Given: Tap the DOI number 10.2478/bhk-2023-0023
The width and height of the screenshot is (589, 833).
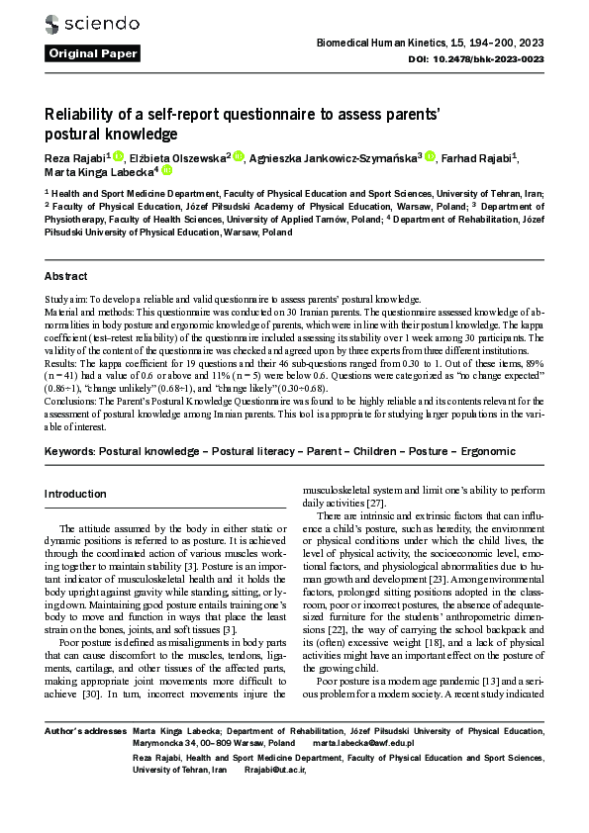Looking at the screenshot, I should pos(494,59).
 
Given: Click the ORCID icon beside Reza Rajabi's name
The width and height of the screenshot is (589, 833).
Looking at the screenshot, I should pos(117,156).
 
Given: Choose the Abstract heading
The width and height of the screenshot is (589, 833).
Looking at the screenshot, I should pos(66,276).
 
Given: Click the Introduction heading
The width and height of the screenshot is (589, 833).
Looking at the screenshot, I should pos(75,494).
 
